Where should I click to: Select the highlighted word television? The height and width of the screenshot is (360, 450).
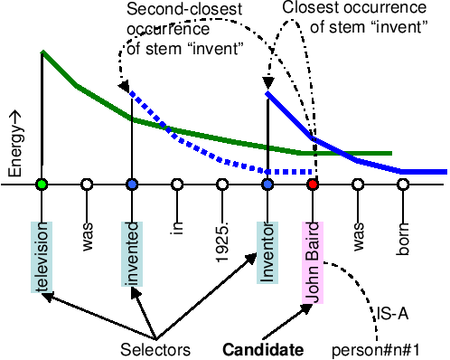[x=42, y=257]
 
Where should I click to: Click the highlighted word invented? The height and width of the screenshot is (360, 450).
[x=132, y=253]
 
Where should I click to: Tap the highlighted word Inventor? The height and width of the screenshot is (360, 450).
[x=267, y=251]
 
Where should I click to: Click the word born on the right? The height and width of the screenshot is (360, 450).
[x=403, y=232]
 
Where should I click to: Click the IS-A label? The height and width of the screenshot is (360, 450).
[x=396, y=316]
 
